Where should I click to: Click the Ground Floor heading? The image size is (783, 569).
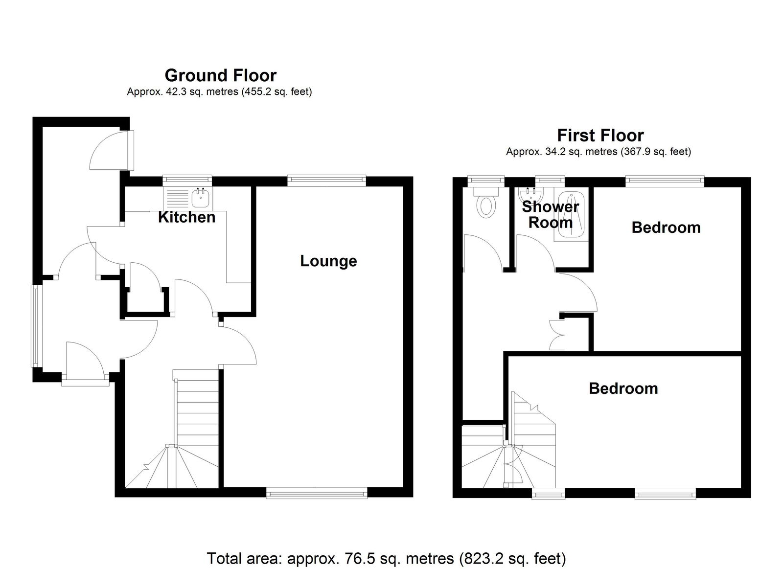221,75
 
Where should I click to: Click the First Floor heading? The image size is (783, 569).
600,135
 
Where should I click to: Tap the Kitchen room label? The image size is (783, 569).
186,217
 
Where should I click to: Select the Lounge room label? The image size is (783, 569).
328,261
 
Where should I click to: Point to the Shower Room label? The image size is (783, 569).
551,215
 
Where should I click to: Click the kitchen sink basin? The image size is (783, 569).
201,198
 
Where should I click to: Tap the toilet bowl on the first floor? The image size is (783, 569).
486,206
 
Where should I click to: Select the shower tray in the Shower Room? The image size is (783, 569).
571,215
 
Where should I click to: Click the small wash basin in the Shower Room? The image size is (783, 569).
531,193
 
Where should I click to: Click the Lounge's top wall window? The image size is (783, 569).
327,181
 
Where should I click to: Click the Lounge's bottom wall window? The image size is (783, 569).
317,494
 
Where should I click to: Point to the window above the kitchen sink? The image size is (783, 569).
187,181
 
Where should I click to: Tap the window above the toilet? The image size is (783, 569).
486,181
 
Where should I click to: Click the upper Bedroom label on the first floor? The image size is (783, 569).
666,228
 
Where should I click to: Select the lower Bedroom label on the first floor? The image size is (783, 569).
623,388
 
